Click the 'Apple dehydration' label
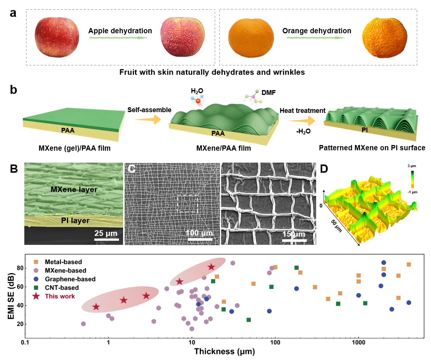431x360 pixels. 120,31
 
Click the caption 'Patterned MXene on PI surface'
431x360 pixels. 372,148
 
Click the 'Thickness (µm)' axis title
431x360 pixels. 224,352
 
